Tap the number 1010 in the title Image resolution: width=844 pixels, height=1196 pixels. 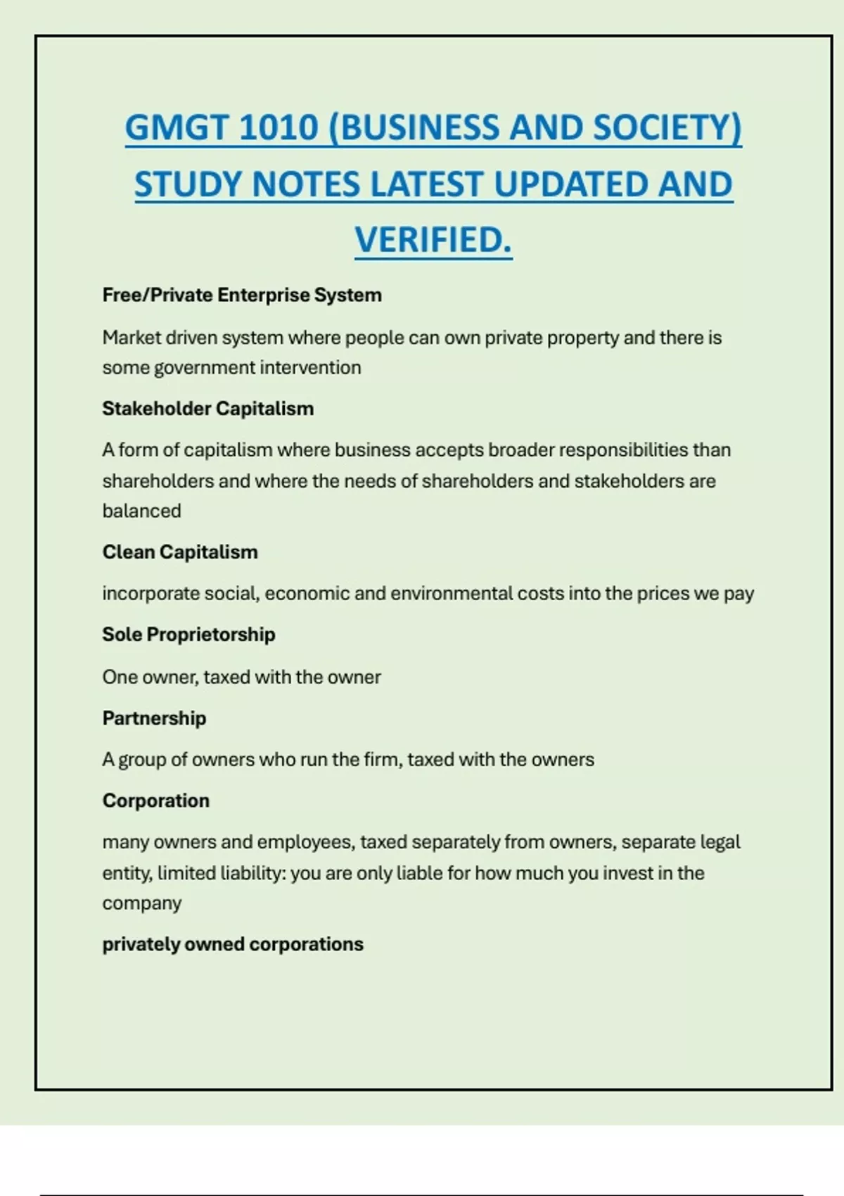[x=279, y=128]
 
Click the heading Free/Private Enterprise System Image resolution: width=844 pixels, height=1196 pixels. [x=242, y=295]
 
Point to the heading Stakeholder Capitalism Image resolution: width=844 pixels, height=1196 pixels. [x=208, y=409]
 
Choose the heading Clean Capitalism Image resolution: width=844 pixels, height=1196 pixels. [x=180, y=552]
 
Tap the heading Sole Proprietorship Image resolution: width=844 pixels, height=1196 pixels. [x=188, y=635]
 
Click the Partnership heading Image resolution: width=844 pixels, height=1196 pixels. [x=154, y=718]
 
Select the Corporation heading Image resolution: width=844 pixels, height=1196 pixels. [x=155, y=801]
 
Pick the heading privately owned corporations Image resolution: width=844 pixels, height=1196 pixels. [x=233, y=944]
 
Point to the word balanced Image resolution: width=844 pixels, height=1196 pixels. [x=141, y=511]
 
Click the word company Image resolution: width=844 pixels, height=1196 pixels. [x=141, y=903]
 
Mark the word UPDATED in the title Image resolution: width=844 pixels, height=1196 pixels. [x=570, y=184]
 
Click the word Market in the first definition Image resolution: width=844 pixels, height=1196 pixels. [x=132, y=338]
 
